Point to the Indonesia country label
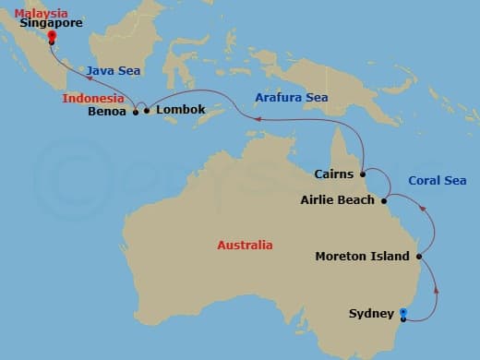point(92,97)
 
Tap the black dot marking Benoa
point(136,112)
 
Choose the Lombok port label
point(177,111)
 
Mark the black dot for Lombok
point(147,111)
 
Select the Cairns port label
point(333,174)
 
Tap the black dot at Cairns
point(363,173)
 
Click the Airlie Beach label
point(338,199)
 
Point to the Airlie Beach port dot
point(384,198)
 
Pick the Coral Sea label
point(437,181)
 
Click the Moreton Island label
point(362,256)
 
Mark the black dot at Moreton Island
point(419,256)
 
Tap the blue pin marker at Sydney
point(402,313)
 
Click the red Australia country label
point(245,246)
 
